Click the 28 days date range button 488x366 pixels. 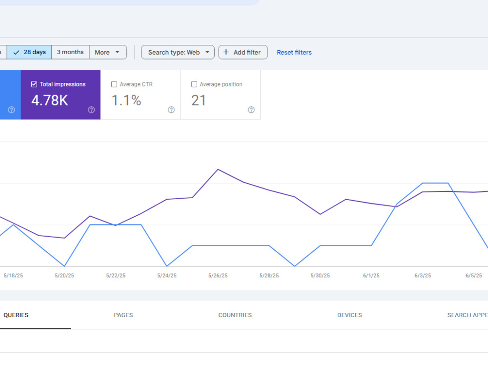[29, 52]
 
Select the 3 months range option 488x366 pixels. [70, 52]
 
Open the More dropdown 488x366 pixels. [108, 52]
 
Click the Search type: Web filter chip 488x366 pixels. [178, 52]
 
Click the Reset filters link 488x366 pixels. [294, 52]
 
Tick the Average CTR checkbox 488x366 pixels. [114, 84]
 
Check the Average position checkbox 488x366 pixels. [194, 84]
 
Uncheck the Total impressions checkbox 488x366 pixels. [34, 84]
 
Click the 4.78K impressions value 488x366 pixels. [49, 101]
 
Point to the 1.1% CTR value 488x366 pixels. [126, 101]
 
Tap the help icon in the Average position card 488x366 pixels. [251, 109]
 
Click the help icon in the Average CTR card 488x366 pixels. [171, 109]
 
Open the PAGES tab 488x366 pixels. [123, 315]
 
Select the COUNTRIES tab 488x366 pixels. [235, 315]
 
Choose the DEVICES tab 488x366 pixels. [349, 315]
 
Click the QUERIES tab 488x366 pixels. [16, 315]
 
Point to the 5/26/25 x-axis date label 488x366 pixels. [218, 275]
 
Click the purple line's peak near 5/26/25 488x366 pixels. [218, 169]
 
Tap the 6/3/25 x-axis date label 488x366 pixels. [423, 275]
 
